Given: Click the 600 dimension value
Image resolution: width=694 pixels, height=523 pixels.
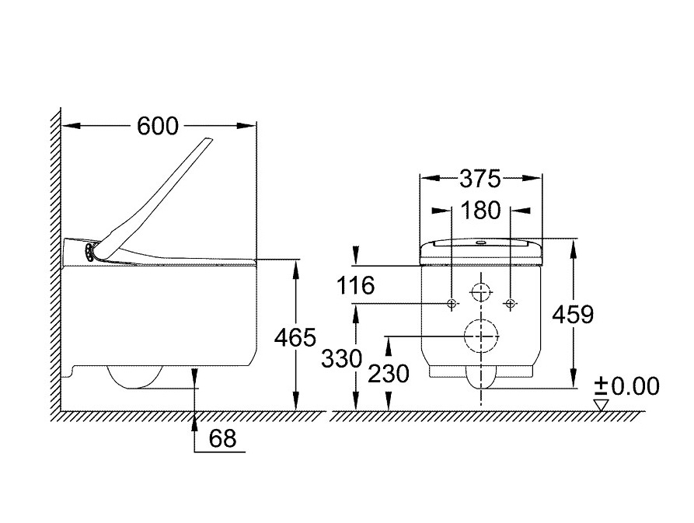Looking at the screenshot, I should click(x=158, y=125).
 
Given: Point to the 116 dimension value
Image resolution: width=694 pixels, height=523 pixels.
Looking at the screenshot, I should click(x=356, y=285).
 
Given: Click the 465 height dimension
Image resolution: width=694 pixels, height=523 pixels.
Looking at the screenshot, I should click(x=295, y=337).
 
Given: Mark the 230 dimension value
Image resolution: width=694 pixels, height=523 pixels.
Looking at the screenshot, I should click(x=389, y=374).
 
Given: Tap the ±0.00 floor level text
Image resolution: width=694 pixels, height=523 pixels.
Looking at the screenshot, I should click(x=626, y=385).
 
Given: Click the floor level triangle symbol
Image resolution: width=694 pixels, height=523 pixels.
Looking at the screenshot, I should click(x=600, y=403).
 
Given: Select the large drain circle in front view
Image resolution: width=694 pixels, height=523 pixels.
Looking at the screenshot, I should click(x=481, y=336).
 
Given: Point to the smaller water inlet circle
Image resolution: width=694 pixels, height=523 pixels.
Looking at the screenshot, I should click(x=481, y=292).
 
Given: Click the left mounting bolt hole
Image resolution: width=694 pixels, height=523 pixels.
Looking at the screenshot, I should click(x=452, y=303).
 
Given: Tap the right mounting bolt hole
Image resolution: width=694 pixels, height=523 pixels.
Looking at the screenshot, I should click(x=510, y=303).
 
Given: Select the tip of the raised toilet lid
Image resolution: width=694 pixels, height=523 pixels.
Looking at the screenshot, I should click(x=208, y=139).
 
